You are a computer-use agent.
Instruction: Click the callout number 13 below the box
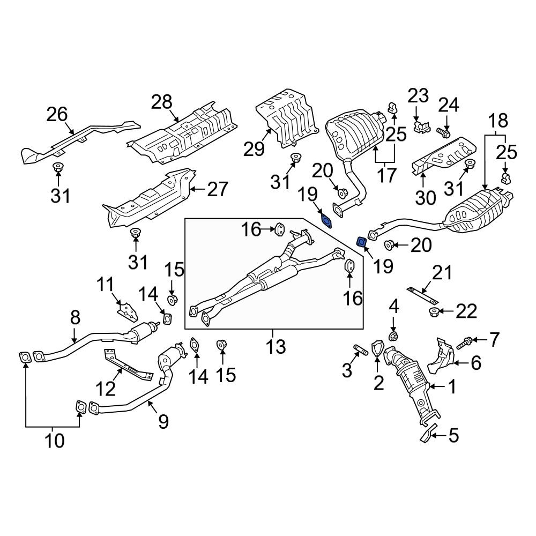(276, 347)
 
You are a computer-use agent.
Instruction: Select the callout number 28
(162, 102)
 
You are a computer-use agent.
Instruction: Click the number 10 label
(54, 441)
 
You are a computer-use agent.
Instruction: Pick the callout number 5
(453, 435)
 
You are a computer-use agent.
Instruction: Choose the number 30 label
(426, 197)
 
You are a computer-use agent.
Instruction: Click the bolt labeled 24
(444, 132)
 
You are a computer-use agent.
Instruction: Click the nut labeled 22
(434, 311)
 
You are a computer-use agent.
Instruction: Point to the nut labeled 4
(393, 336)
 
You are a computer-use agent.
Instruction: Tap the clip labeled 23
(422, 127)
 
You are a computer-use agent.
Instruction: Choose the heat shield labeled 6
(441, 356)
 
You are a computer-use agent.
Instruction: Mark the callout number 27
(218, 189)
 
